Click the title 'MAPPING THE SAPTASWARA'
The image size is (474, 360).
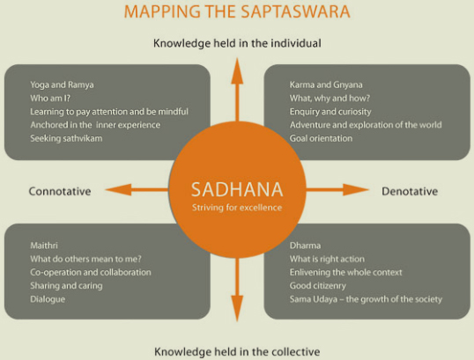237,11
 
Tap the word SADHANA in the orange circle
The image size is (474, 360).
237,189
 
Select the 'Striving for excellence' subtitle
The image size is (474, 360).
237,208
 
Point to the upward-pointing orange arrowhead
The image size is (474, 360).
237,71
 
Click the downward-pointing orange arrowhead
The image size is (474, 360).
237,308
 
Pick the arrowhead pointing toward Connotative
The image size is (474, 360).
118,189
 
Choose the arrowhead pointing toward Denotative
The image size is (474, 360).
356,189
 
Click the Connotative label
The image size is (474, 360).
60,191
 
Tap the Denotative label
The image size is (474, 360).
410,191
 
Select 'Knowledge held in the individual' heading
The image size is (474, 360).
237,43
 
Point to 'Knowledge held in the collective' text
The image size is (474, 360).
237,351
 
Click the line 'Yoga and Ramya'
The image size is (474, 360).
62,84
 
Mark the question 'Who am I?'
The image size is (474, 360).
50,99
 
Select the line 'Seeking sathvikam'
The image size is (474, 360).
66,138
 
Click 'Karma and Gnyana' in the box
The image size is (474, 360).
326,84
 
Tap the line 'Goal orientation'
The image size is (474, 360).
321,138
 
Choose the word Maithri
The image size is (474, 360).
44,246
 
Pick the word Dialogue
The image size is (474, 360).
48,299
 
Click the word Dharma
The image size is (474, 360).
305,246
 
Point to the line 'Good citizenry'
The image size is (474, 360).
318,286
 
